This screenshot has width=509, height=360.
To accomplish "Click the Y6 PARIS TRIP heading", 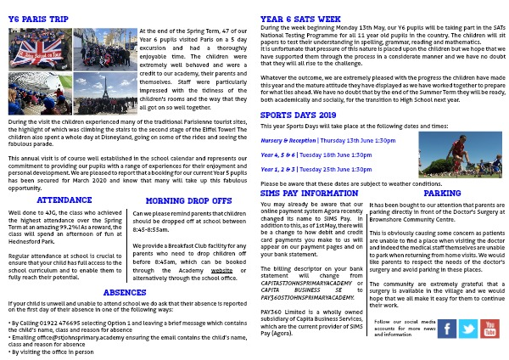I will pyautogui.click(x=38, y=19).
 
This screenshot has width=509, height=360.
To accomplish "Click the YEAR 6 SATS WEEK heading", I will pyautogui.click(x=300, y=19).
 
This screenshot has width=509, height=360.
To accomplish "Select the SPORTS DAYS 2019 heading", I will pyautogui.click(x=298, y=115).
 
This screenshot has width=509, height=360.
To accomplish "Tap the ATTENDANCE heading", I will pyautogui.click(x=64, y=200).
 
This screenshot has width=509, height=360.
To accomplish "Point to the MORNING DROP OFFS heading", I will pyautogui.click(x=187, y=201).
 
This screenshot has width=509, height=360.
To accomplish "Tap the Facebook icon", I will pyautogui.click(x=446, y=329).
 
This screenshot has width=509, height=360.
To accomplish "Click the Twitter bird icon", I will pyautogui.click(x=468, y=329).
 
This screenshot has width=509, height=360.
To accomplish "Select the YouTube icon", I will pyautogui.click(x=489, y=329).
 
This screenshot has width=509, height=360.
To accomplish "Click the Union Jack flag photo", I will pyautogui.click(x=40, y=49).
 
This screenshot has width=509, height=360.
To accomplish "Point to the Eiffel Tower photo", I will pyautogui.click(x=105, y=93).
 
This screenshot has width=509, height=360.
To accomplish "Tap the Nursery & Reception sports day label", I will pyautogui.click(x=288, y=140).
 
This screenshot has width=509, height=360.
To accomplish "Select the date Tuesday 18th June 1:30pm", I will pyautogui.click(x=334, y=155).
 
